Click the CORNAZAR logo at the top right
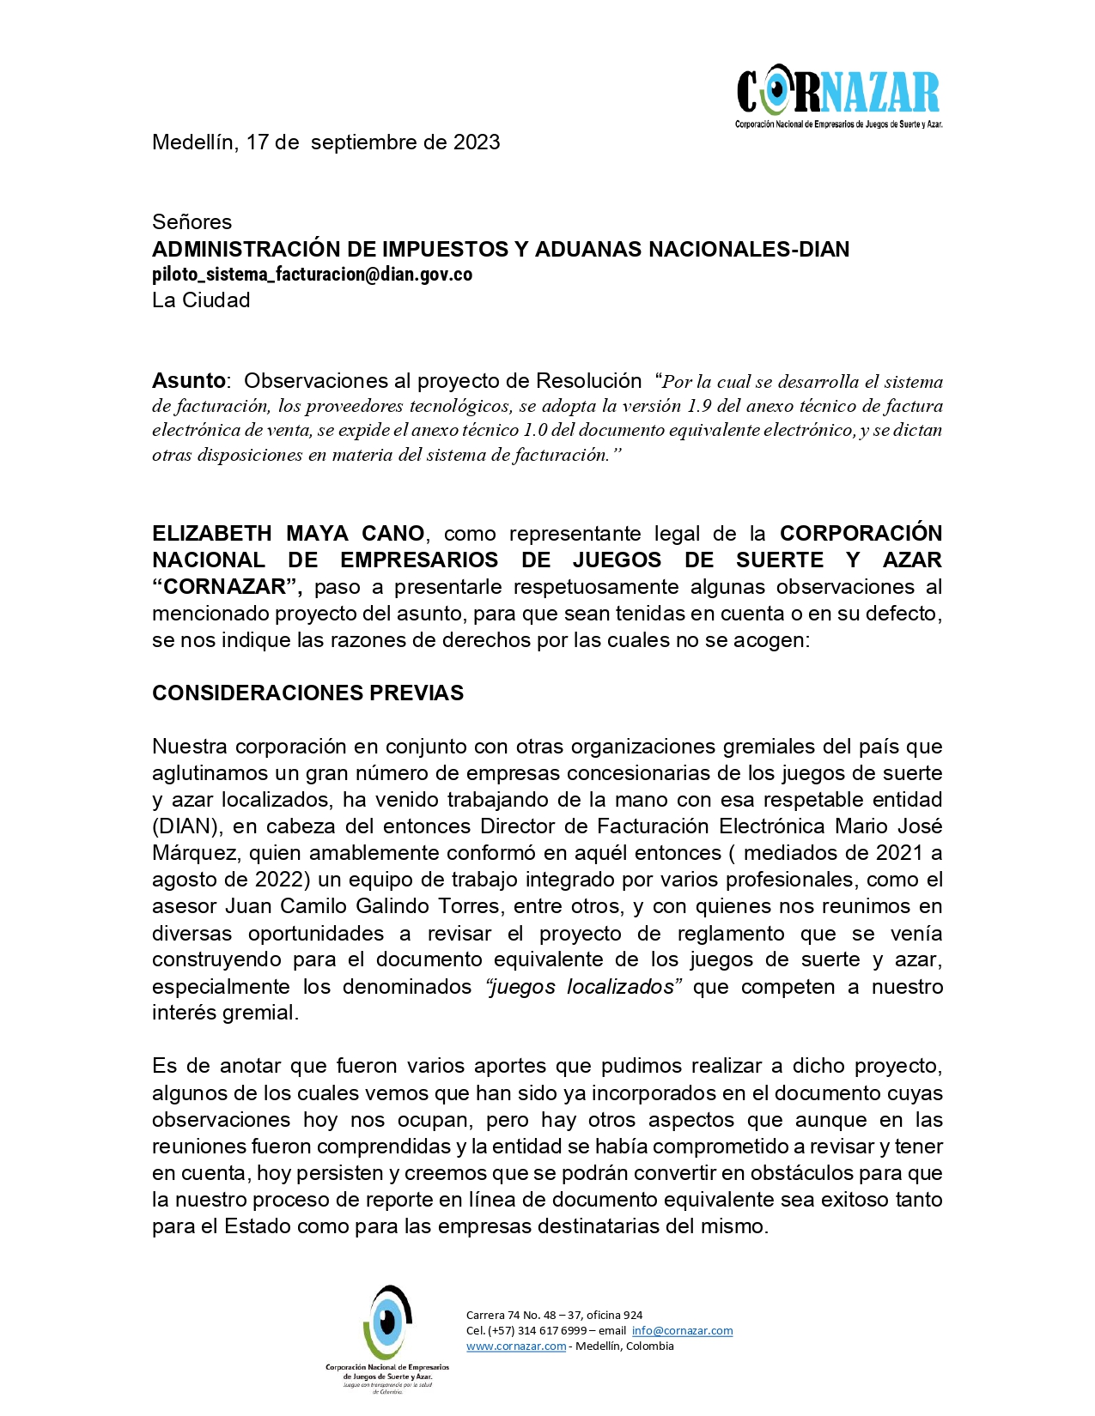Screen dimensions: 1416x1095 click(838, 95)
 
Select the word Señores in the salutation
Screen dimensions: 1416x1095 click(192, 222)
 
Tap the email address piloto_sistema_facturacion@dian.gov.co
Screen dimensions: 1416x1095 click(312, 275)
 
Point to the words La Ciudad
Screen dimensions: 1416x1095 click(201, 300)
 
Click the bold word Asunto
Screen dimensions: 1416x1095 click(188, 380)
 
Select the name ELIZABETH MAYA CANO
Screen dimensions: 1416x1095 click(288, 534)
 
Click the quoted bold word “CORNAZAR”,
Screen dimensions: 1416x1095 click(227, 587)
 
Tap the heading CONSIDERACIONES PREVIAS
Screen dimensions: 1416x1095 click(307, 693)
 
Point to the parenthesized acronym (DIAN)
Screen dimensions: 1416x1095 click(185, 826)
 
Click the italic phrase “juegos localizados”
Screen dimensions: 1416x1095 click(583, 987)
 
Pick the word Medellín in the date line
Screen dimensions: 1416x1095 click(193, 142)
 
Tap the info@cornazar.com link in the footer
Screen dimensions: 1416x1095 click(682, 1331)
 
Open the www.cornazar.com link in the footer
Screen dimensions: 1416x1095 click(516, 1346)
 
